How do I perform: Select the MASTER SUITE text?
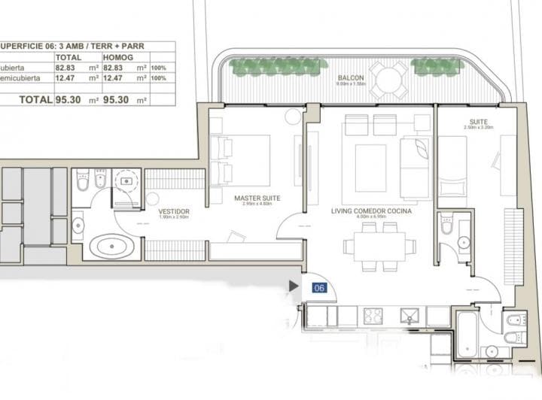[257, 198]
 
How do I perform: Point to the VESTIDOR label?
[173, 211]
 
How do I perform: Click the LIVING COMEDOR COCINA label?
[371, 211]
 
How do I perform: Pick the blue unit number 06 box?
[318, 286]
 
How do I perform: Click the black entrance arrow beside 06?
[294, 286]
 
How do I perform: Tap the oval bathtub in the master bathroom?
[114, 246]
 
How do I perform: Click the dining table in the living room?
[378, 246]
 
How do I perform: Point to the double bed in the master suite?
[243, 159]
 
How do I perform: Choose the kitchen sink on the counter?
[410, 315]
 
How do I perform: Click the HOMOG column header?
[120, 56]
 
